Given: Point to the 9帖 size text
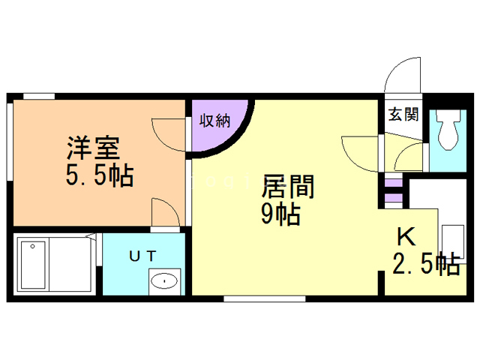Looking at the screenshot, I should point(280,215).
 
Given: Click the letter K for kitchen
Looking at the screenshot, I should point(405,237).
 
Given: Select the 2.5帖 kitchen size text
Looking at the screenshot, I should point(425,264).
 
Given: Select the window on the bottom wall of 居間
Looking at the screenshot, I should point(264,298).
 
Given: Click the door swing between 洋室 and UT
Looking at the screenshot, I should point(164,213).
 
